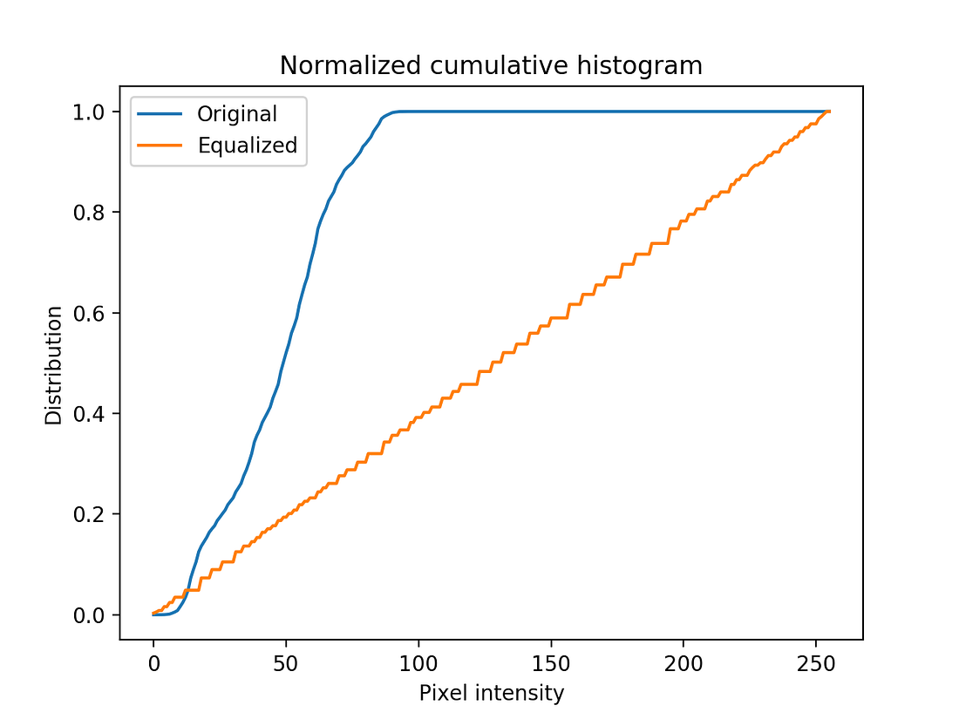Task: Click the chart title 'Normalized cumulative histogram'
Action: [491, 65]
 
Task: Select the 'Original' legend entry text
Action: [237, 114]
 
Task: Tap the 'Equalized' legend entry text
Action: [248, 146]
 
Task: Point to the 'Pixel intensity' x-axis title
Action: [491, 694]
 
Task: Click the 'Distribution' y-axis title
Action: [54, 364]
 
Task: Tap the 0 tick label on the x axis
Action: [153, 663]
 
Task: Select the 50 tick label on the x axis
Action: [286, 663]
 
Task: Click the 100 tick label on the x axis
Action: [418, 663]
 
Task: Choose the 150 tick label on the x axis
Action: [551, 663]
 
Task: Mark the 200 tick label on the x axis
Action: [684, 663]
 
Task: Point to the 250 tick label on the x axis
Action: [816, 663]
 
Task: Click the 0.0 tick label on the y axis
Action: [92, 615]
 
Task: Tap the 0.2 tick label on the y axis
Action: [92, 514]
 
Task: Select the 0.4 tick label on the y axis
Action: [92, 414]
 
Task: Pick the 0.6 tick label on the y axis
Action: [92, 313]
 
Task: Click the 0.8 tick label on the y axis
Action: [92, 213]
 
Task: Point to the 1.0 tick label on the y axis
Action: [92, 112]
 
